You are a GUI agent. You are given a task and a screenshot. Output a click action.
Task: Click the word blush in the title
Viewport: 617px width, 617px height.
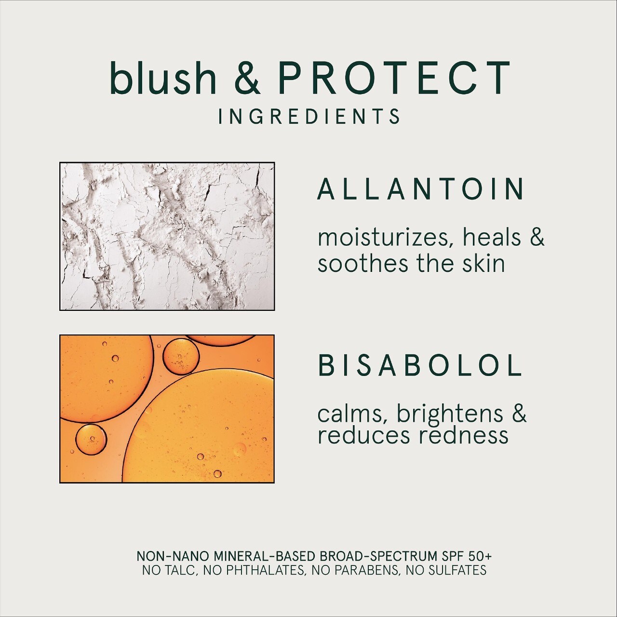coord(163,78)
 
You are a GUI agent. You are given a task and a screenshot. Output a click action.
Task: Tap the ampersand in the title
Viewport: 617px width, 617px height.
coord(247,78)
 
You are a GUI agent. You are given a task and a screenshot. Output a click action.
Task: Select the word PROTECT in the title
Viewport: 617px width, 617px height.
coord(393,78)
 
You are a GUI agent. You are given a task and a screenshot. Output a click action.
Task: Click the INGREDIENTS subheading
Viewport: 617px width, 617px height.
coord(308,116)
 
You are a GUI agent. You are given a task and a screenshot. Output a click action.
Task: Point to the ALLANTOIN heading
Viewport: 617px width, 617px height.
coord(420,189)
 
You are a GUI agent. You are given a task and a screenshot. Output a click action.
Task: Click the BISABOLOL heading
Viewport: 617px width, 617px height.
coord(420,365)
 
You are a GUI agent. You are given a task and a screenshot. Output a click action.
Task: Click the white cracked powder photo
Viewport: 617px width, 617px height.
coord(167,237)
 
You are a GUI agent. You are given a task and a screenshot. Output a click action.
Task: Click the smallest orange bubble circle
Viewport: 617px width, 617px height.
coord(91,440)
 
